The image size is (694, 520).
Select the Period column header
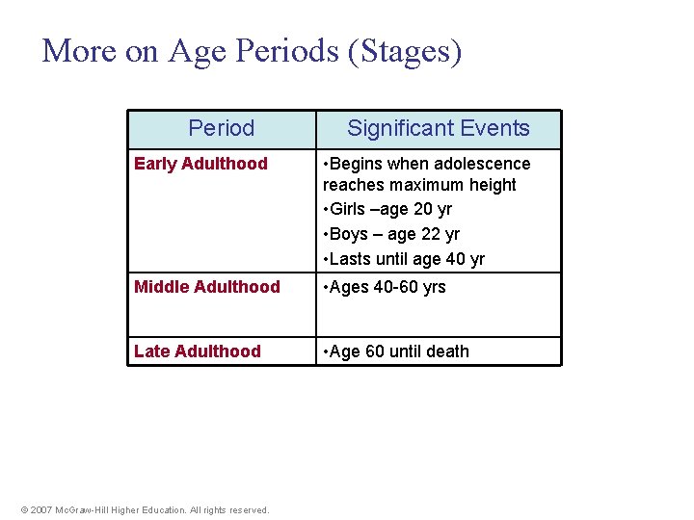[222, 128]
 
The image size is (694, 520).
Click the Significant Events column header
[439, 128]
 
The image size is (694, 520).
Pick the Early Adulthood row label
[200, 164]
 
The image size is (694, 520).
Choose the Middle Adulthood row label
[207, 287]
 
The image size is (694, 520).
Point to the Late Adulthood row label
[198, 351]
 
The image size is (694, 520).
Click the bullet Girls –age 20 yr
[390, 209]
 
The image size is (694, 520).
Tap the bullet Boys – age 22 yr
[394, 234]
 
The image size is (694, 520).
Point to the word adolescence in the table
[483, 164]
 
